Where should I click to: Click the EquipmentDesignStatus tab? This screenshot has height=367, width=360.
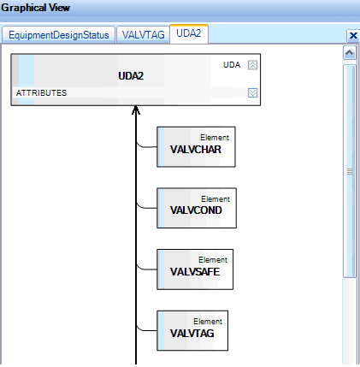[x=59, y=35]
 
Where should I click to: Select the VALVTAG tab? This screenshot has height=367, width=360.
[x=143, y=35]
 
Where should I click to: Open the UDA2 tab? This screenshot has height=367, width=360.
[x=189, y=33]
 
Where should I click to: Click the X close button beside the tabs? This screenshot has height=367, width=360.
[x=353, y=36]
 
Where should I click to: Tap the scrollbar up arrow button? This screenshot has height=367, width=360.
[x=350, y=53]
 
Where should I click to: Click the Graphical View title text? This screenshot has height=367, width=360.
[x=35, y=8]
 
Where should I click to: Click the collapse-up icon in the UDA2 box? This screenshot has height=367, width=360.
[x=252, y=65]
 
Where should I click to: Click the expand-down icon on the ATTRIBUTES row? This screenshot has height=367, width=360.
[x=252, y=92]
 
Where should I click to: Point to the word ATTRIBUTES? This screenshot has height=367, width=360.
[x=41, y=93]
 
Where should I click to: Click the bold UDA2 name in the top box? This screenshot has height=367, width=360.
[x=131, y=76]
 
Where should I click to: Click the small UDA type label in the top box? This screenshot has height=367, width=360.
[x=232, y=65]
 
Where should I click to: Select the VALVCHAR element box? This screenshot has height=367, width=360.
[x=196, y=147]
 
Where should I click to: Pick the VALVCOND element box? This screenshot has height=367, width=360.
[x=197, y=208]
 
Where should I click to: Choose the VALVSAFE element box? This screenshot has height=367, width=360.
[x=195, y=269]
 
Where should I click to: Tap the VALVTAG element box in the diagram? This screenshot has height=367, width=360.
[x=192, y=330]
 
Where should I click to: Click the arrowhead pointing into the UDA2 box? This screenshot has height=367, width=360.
[x=136, y=110]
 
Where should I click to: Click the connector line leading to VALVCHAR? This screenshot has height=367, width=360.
[x=146, y=146]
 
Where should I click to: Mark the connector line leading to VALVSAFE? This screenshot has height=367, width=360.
[x=146, y=269]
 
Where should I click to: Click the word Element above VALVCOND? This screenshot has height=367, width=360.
[x=215, y=199]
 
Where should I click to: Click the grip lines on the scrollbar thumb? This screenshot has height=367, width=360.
[x=350, y=171]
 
